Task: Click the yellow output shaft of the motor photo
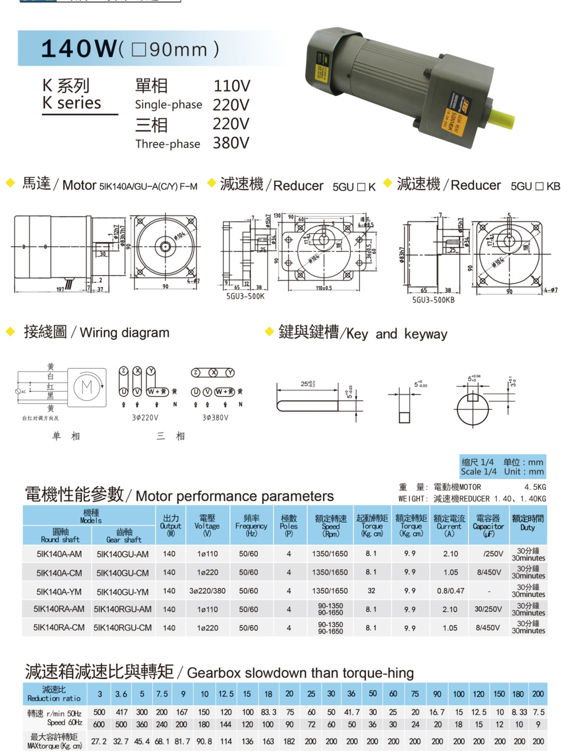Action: pos(502,116)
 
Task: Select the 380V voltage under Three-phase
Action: pos(231,143)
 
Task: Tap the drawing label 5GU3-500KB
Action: pos(433,300)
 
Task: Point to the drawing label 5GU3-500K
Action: pos(245,296)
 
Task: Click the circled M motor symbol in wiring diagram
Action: pos(87,387)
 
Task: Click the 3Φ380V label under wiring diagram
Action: pos(215,418)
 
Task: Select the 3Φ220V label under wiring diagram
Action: pos(145,418)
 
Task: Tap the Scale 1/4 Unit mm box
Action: pos(502,466)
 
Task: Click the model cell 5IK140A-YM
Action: pos(59,591)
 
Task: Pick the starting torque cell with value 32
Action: pos(371,590)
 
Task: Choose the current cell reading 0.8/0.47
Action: pos(450,590)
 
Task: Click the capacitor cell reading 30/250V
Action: pos(488,609)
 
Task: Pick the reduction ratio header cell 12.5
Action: pos(226,694)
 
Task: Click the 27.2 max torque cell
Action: pos(99,741)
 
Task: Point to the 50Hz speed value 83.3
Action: pos(268,712)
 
